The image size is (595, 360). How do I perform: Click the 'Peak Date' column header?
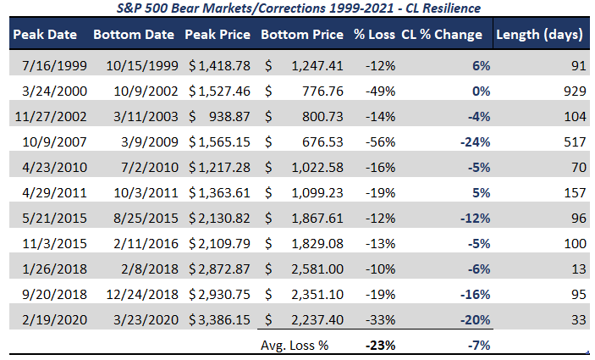pos(45,35)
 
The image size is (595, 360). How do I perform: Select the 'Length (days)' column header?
pos(539,35)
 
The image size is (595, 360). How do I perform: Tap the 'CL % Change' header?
pos(442,35)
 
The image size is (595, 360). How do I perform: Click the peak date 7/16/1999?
pos(54,66)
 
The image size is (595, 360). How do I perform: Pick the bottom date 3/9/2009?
pos(150,142)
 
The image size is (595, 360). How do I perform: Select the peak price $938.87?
pos(219,117)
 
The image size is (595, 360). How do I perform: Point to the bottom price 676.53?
pos(322,142)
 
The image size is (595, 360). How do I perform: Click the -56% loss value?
pos(380,142)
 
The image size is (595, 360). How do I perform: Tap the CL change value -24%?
pos(475,142)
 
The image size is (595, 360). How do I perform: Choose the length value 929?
pos(575,91)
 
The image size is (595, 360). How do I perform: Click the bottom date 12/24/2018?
pos(142,294)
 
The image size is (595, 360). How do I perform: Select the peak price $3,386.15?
pos(219,319)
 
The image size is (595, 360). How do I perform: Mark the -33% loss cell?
pos(380,319)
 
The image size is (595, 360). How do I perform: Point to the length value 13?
pos(579,269)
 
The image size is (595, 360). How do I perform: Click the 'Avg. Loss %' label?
pos(295,346)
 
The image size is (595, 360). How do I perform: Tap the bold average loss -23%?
pos(380,346)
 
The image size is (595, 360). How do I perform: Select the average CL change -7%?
pos(479,346)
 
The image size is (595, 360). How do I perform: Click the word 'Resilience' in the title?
pos(452,8)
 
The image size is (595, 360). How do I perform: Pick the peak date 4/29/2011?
pos(54,193)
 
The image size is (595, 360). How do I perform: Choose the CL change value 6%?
pos(481,66)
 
